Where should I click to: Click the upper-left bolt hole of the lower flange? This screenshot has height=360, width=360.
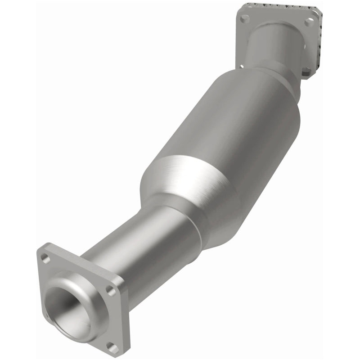tap(45, 258)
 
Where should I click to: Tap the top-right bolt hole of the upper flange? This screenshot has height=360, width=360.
tap(309, 21)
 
